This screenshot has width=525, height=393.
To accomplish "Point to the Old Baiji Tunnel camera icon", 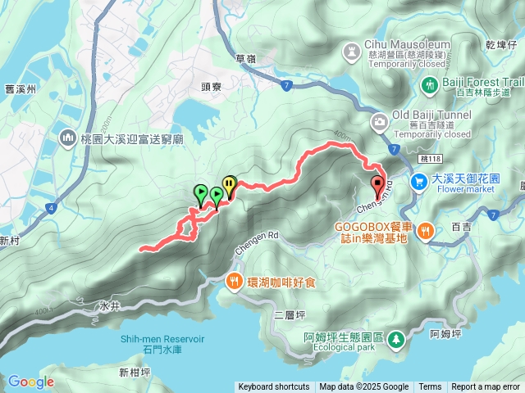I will point(379,124).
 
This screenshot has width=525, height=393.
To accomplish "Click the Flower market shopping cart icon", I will point(419,181).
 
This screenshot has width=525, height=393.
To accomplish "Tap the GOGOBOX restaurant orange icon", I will point(424,230).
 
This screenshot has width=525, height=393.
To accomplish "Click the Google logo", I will point(30,382).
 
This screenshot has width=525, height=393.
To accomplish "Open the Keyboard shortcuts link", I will point(274,387).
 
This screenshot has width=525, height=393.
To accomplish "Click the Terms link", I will point(430,387).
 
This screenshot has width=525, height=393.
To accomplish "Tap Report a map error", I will point(486,387).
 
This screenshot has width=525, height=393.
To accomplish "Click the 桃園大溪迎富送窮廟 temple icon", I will point(67,139).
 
